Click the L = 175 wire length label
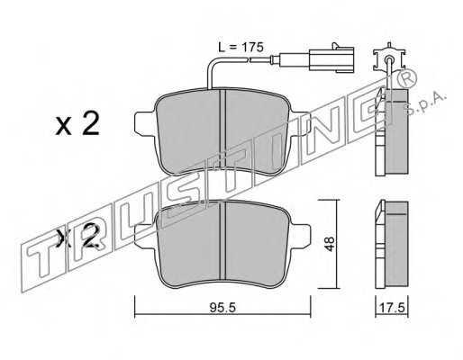click(x=241, y=48)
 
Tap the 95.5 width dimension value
click(x=223, y=308)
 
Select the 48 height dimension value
click(x=330, y=244)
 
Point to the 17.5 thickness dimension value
click(x=392, y=308)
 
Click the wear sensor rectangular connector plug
click(x=331, y=59)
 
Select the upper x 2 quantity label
click(x=77, y=124)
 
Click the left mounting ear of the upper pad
click(x=145, y=123)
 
